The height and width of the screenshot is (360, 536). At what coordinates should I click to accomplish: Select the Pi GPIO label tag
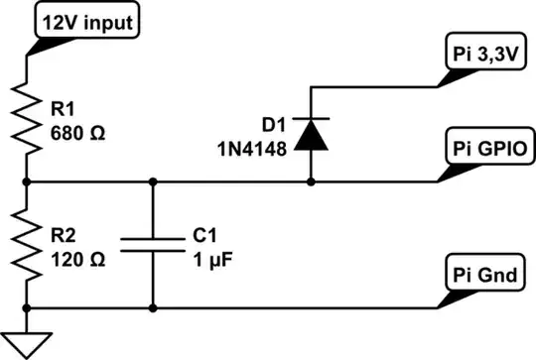click(x=484, y=150)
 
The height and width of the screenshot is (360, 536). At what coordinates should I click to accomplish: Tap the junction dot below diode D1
click(x=313, y=182)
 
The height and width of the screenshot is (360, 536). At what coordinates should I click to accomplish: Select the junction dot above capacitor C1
click(x=152, y=182)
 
